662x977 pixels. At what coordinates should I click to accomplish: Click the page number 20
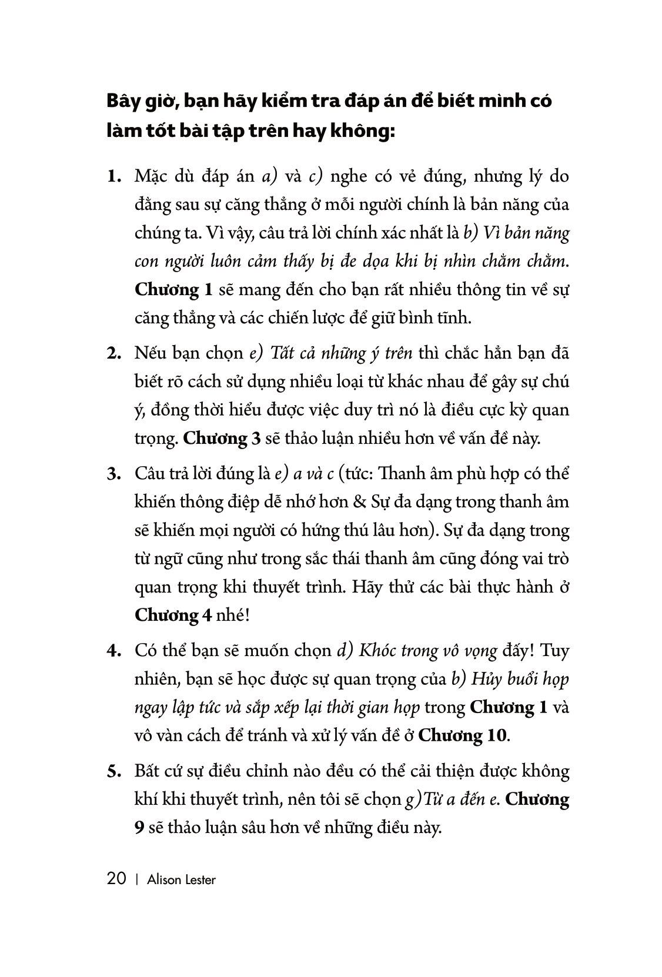click(116, 879)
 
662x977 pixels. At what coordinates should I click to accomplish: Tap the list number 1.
click(113, 177)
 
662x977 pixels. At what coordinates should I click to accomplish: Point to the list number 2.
click(113, 354)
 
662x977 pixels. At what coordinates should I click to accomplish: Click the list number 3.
click(113, 475)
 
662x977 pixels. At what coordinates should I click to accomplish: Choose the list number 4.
click(113, 651)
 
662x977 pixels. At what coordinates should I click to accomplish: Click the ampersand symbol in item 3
click(360, 503)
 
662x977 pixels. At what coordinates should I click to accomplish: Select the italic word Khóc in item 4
click(377, 651)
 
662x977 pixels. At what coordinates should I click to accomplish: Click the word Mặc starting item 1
click(152, 177)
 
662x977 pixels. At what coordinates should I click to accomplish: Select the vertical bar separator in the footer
click(136, 880)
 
